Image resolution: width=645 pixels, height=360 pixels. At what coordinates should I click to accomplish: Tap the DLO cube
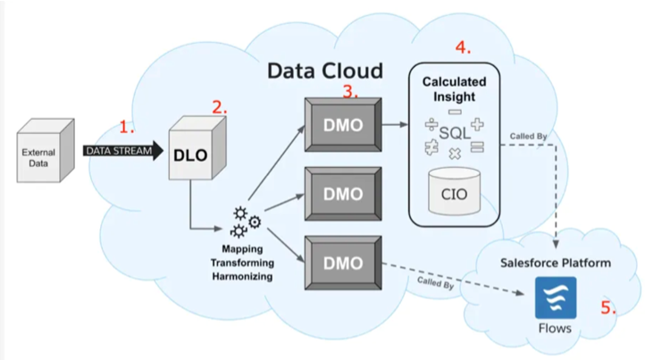point(191,154)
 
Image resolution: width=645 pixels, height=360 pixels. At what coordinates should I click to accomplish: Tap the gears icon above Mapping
point(246,222)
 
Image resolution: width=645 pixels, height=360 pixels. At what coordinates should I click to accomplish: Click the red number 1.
point(127,127)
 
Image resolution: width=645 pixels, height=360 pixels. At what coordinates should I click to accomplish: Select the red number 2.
point(219,107)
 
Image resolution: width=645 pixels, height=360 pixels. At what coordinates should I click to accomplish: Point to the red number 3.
point(351,90)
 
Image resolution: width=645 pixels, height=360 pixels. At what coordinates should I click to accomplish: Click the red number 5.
point(607,308)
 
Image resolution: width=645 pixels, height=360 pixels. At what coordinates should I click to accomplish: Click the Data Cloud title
point(325,71)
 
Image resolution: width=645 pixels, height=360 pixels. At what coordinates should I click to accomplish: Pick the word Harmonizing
point(246,277)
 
